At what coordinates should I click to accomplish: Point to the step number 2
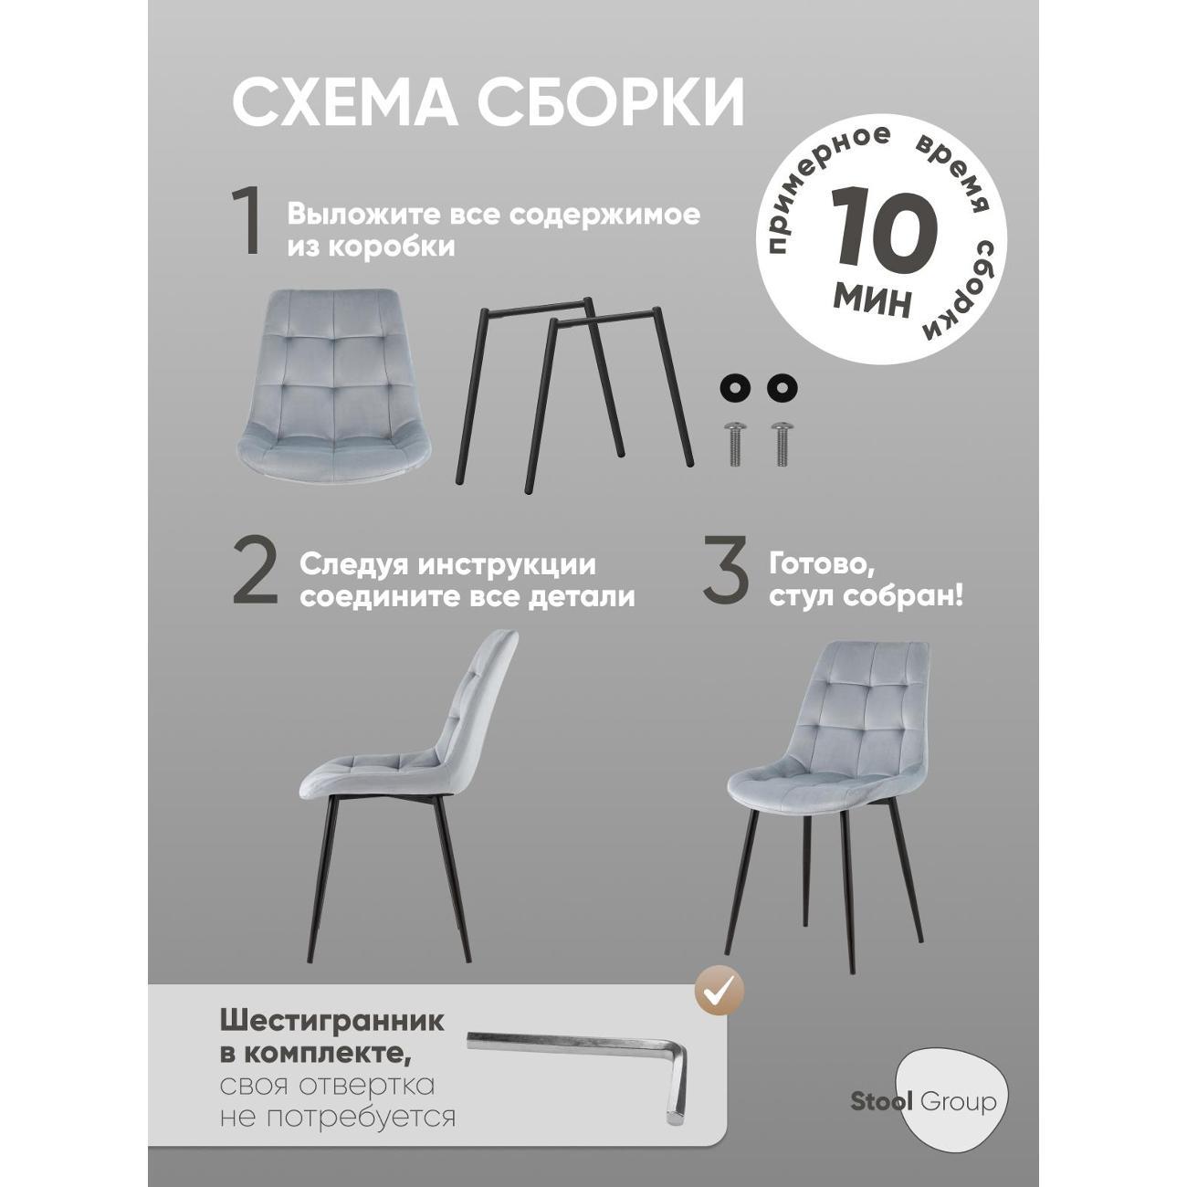click(x=255, y=578)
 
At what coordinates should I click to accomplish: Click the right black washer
click(x=782, y=386)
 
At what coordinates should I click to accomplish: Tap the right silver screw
click(x=783, y=443)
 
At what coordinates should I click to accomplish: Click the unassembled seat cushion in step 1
click(x=335, y=392)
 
